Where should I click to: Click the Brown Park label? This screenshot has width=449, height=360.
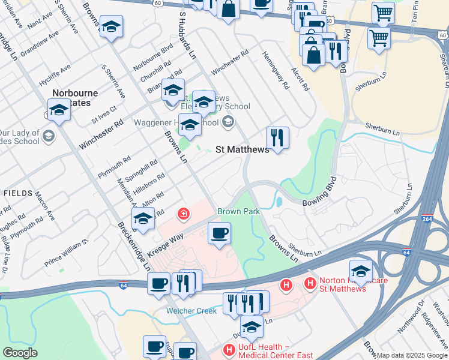[x=238, y=212]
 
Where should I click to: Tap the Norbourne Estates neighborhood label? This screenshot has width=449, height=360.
[x=74, y=98]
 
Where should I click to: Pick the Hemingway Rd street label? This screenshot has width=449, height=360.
[x=276, y=70]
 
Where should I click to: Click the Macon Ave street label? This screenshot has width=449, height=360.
[x=45, y=206]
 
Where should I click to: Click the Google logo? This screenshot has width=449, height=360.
[x=20, y=353]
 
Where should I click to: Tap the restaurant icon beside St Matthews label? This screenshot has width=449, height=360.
[x=277, y=138]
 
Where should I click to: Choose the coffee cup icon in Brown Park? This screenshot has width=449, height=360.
[x=219, y=232]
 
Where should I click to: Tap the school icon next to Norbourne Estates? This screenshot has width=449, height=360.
[x=59, y=110]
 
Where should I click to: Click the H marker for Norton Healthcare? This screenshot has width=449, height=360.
[x=310, y=283]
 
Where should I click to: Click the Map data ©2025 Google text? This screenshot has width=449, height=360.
[x=412, y=356]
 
